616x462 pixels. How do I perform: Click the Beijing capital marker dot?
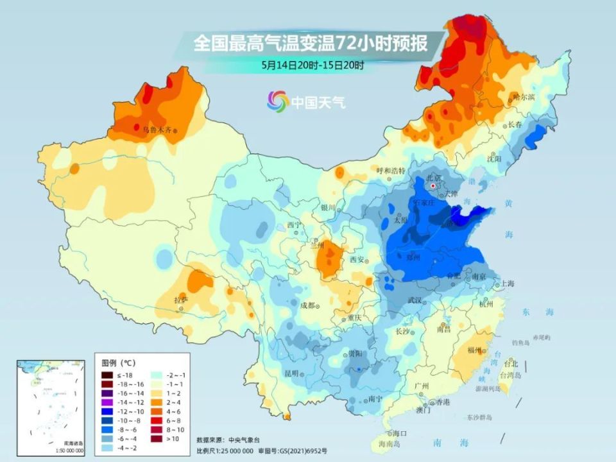pos(434,185)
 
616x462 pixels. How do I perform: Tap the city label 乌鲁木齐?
pos(157,130)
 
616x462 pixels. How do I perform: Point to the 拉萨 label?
pos(181,300)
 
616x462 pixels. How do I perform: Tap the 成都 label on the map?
pos(307,305)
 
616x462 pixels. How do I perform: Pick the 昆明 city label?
pos(291,372)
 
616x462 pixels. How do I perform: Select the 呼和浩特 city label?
pos(391,171)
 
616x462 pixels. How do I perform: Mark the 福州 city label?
pos(475,350)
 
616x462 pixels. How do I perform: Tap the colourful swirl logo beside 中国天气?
pos(278,101)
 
